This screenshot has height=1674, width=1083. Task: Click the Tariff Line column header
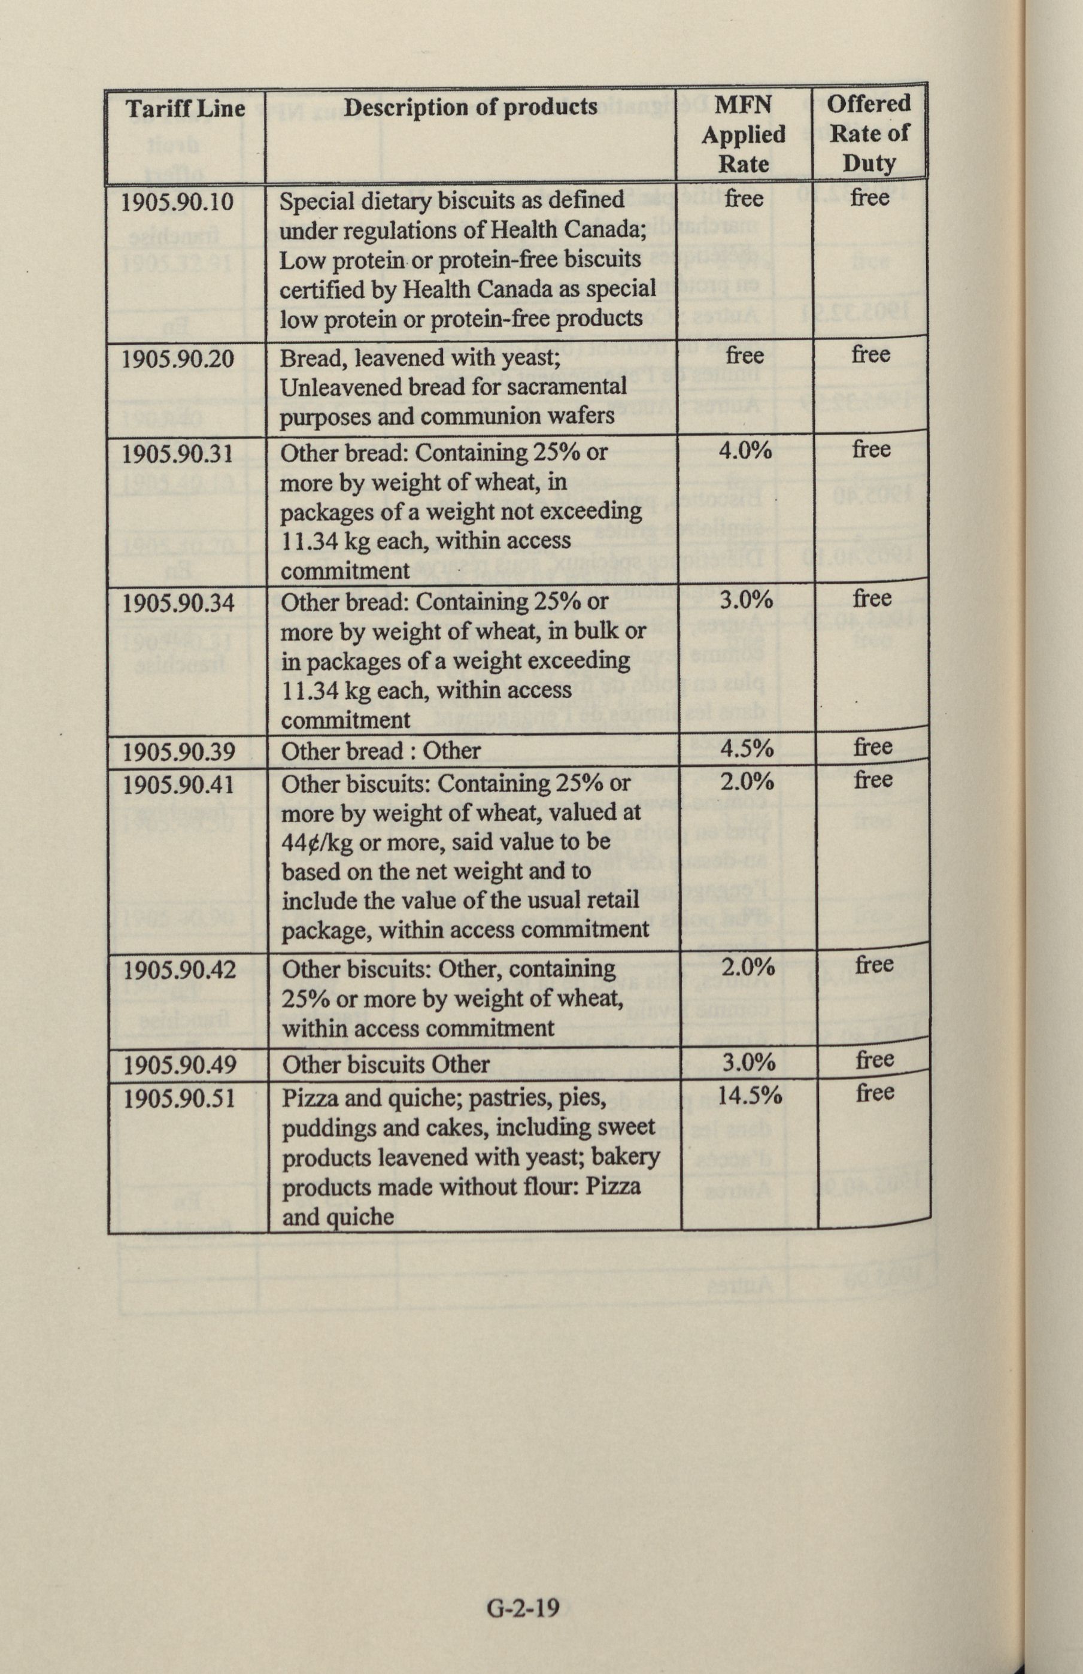(185, 109)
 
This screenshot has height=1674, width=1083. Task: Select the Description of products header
(471, 107)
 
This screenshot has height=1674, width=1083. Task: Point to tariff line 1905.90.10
(177, 202)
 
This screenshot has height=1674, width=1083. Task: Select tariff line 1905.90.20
(177, 359)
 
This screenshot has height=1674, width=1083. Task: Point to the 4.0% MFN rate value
(745, 450)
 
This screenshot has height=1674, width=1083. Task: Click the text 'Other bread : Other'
(380, 751)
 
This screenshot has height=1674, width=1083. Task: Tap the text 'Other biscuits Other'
(386, 1065)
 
